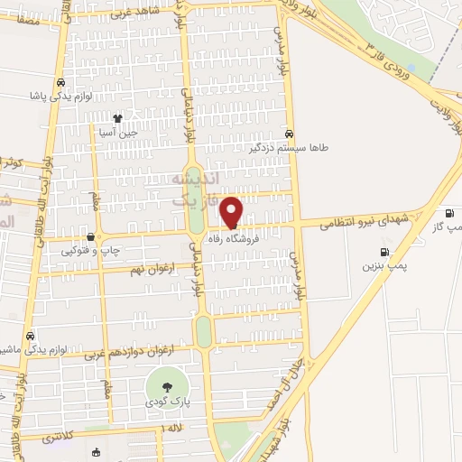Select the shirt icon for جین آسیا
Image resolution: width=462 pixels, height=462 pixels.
[116, 117]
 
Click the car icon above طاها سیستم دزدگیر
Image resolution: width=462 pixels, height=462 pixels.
[289, 131]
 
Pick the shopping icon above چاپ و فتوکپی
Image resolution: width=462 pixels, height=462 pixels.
[90, 237]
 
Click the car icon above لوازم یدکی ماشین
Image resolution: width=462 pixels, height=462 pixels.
[30, 333]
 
